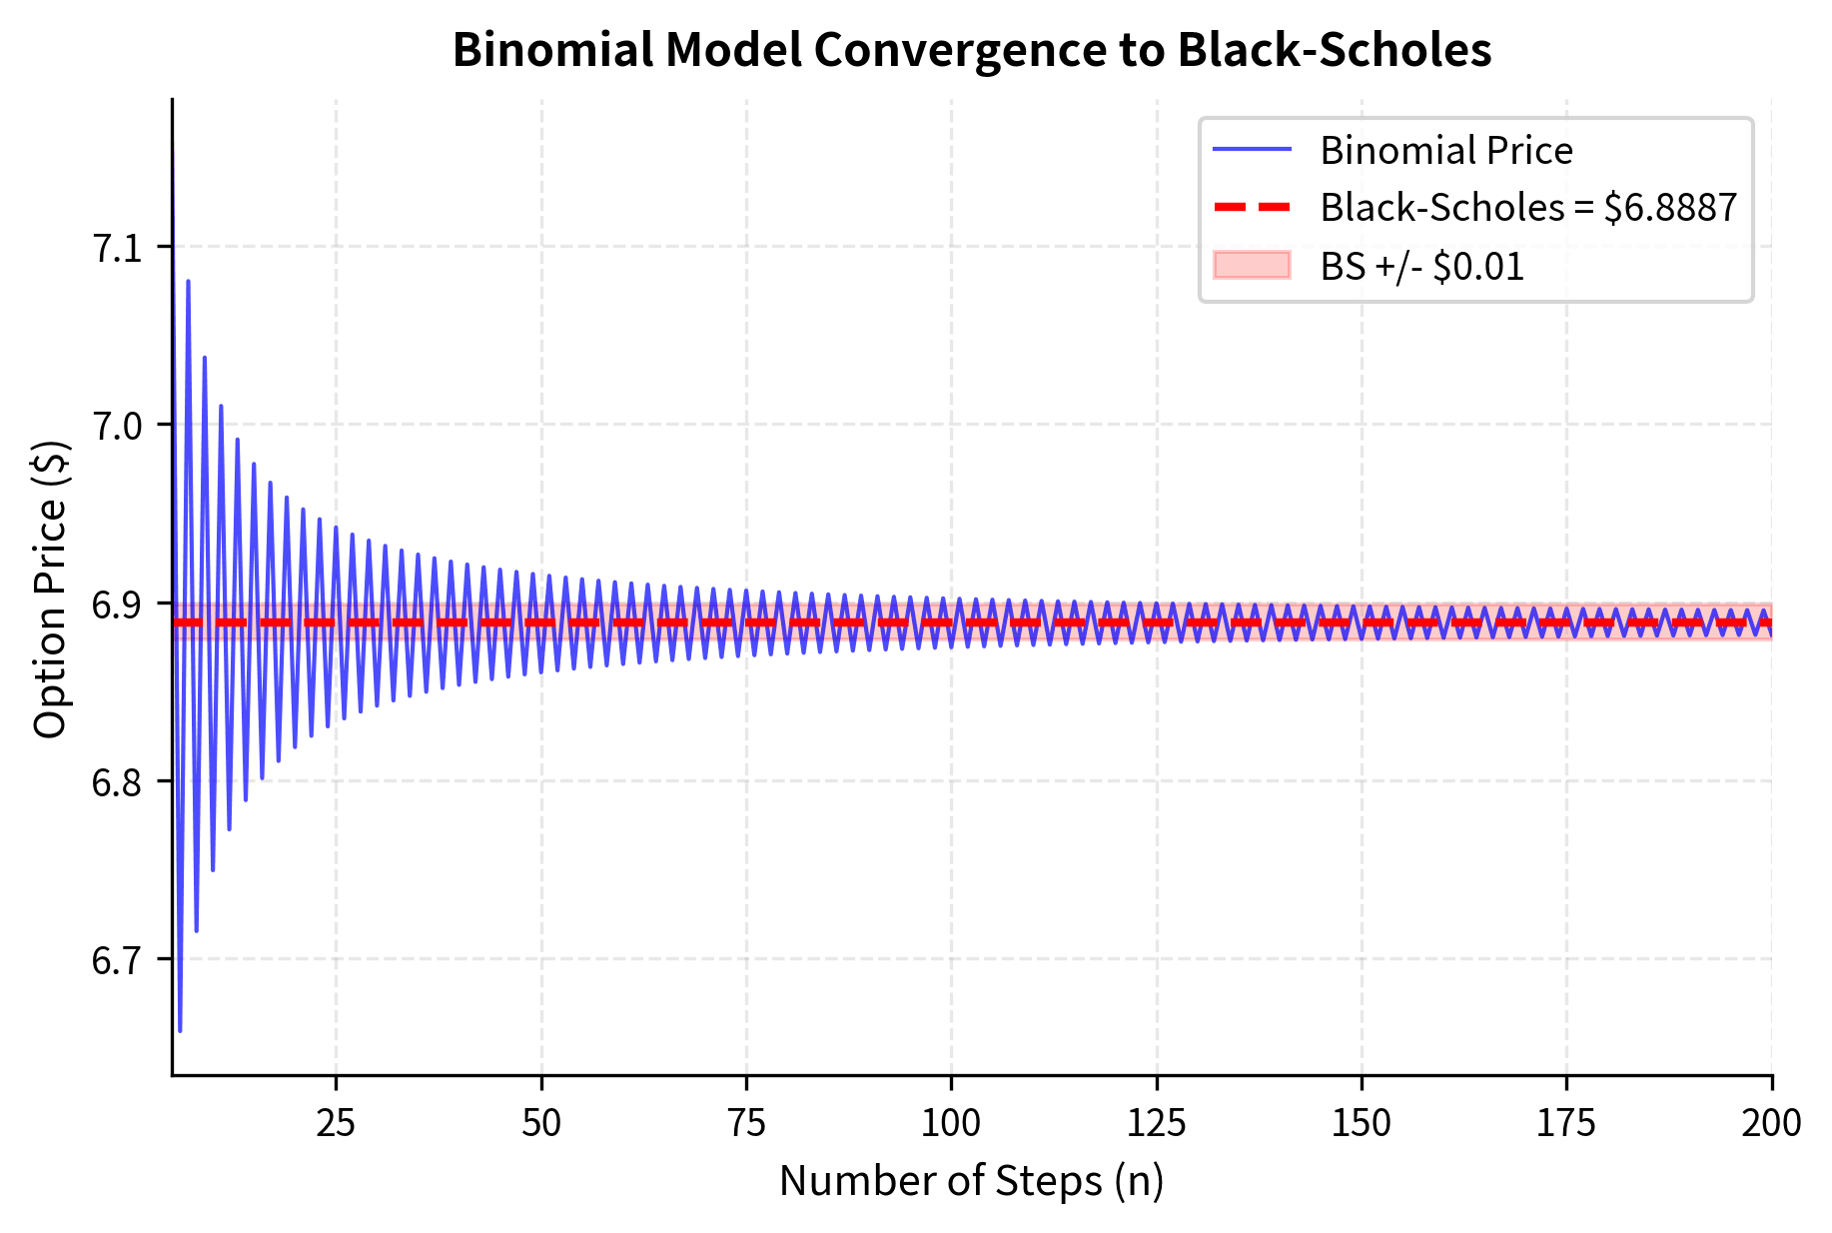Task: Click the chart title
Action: coord(971,50)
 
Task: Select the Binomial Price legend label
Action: coord(1445,151)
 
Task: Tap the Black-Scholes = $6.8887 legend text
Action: coord(1528,208)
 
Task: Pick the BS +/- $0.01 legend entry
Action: coord(1421,267)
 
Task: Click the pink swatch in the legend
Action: coord(1252,266)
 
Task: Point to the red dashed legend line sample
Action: coord(1252,208)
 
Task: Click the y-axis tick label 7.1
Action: coord(118,248)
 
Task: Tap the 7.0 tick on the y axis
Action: coord(118,426)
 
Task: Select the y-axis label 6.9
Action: coord(118,605)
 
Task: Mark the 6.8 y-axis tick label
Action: coord(118,782)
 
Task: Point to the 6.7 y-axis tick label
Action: coord(118,960)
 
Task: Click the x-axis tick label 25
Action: coord(336,1123)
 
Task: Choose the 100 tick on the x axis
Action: coord(951,1123)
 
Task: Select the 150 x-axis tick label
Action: coord(1361,1123)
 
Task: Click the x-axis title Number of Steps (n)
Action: coord(971,1181)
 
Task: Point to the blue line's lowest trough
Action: coord(180,1030)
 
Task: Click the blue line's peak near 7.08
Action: coord(188,282)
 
